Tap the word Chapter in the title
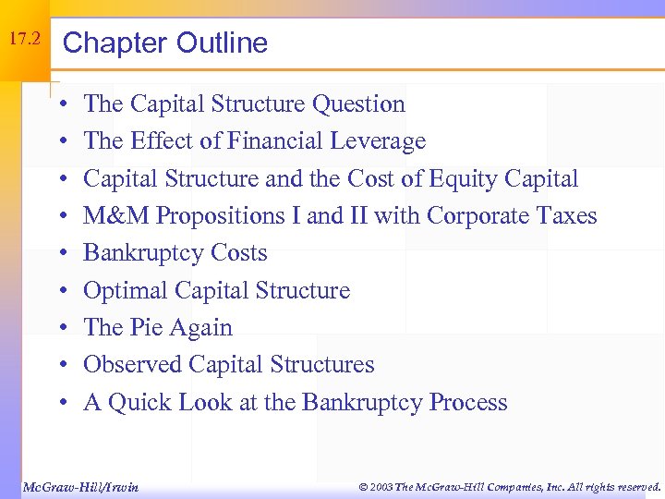tap(114, 43)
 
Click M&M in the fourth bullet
tap(116, 216)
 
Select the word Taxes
tap(562, 216)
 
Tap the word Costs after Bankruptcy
tap(238, 253)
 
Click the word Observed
tap(133, 365)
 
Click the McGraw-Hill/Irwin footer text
tap(79, 486)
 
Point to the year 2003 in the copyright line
tap(379, 486)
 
